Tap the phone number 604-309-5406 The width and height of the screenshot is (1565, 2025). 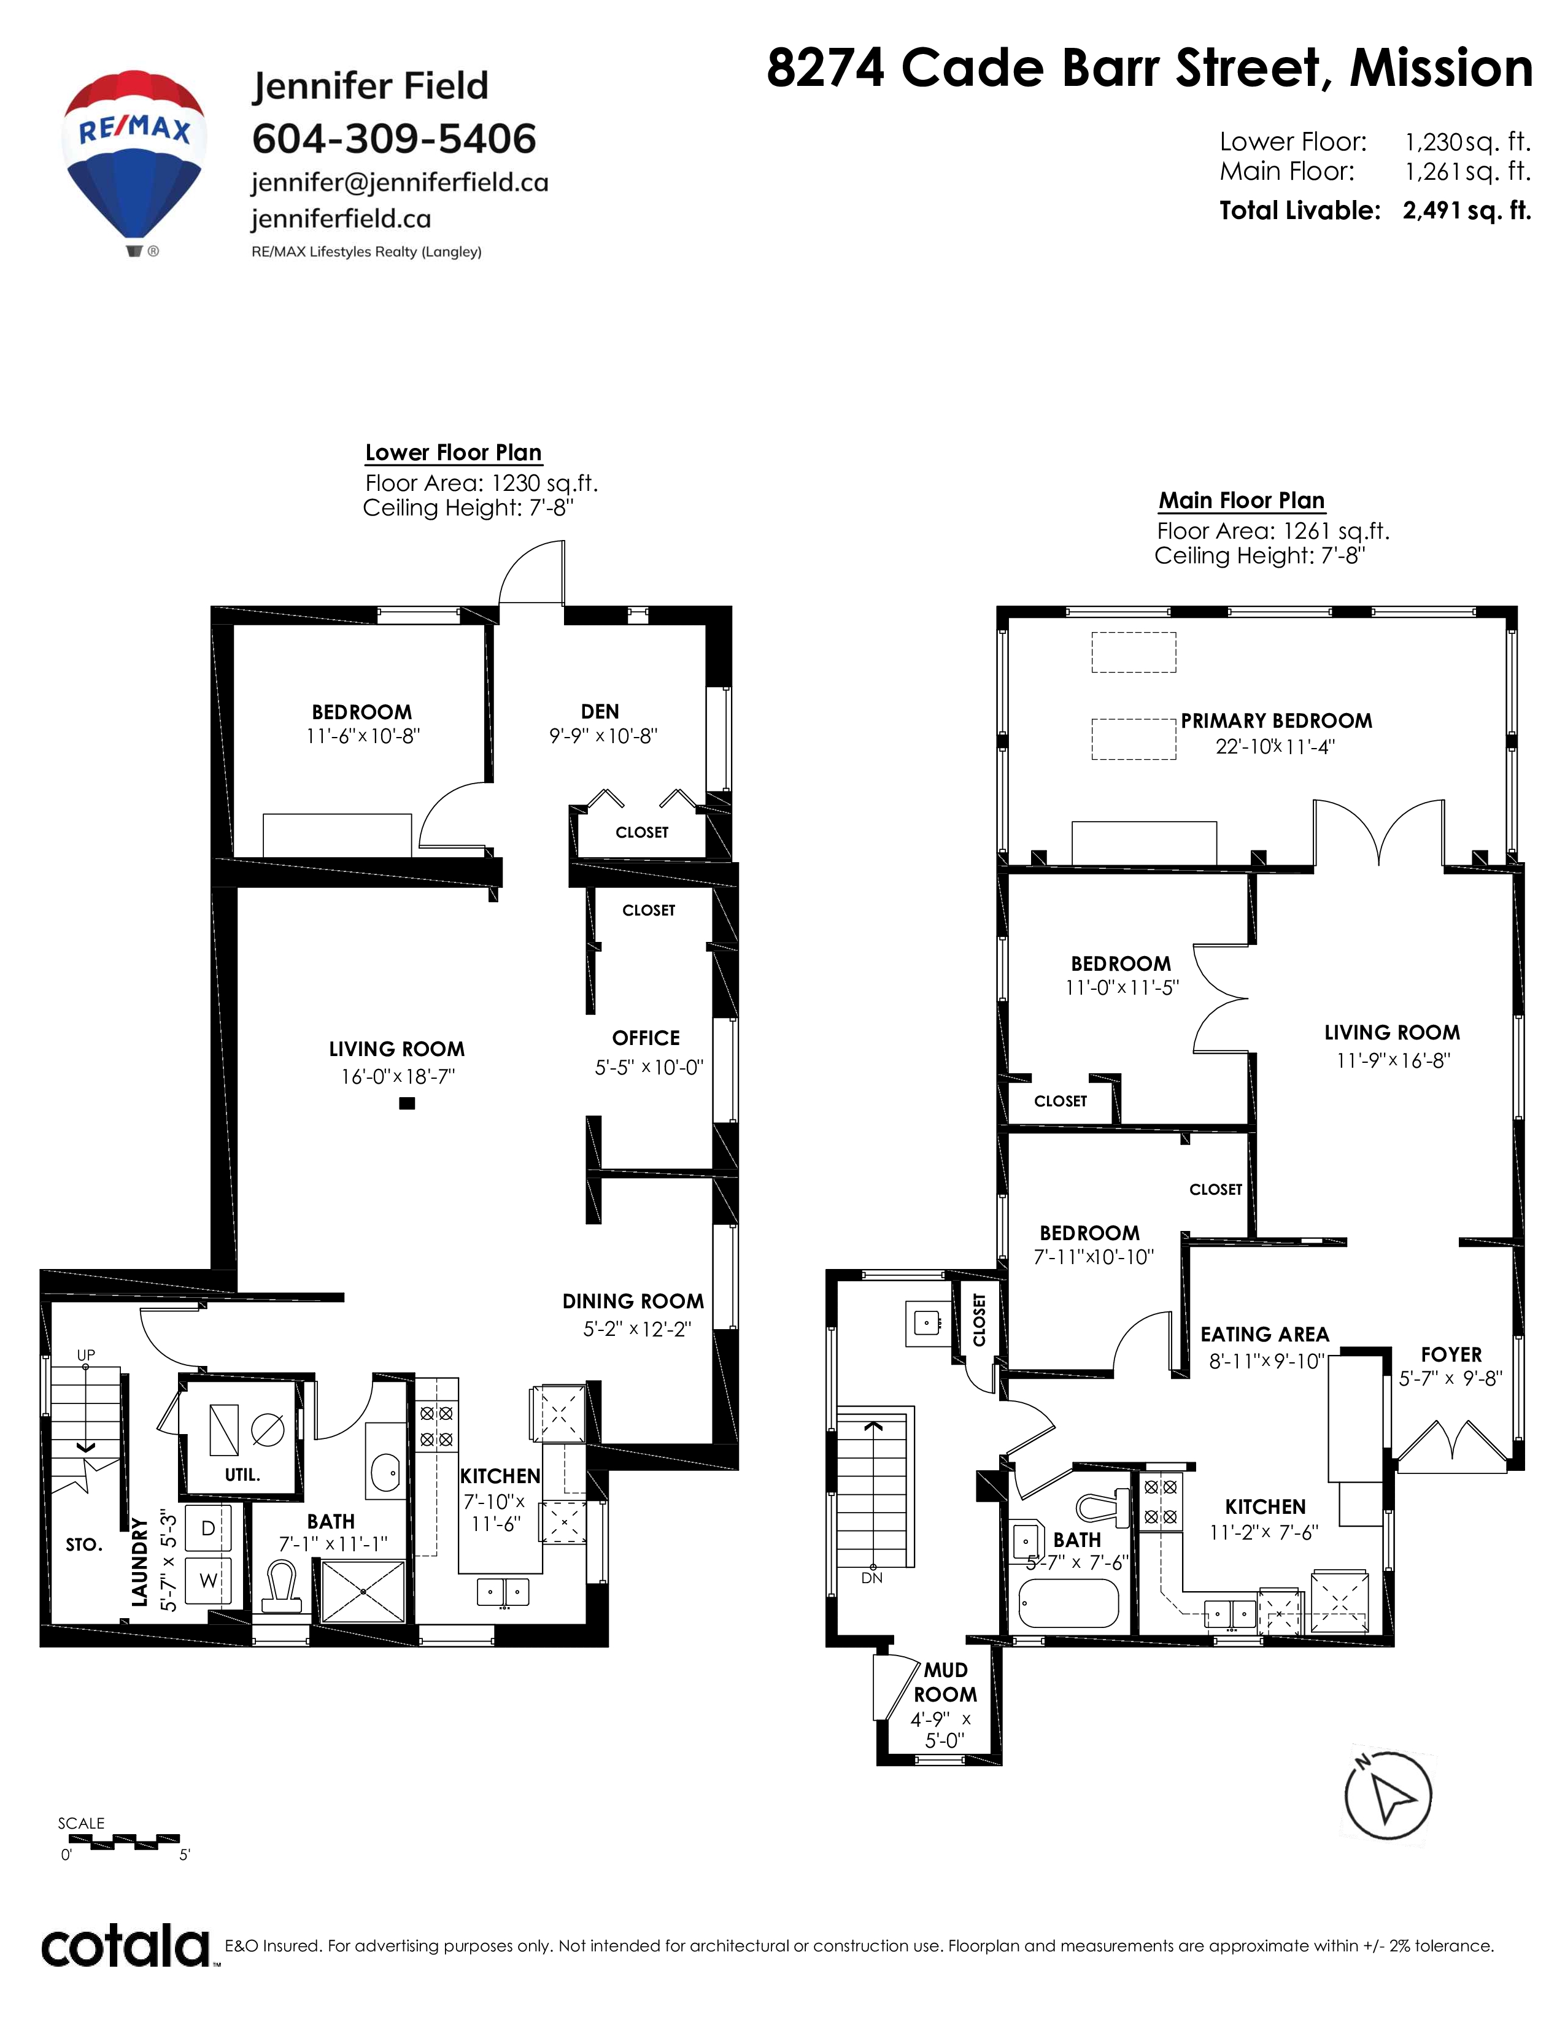394,139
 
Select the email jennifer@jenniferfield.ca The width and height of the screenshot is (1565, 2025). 400,183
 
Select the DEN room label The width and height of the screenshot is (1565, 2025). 600,711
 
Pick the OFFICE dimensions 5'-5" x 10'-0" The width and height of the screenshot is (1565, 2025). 649,1067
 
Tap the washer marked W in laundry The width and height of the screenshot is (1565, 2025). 209,1581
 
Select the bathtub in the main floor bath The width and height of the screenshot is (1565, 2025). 1069,1602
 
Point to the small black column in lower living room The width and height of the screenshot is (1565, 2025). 406,1103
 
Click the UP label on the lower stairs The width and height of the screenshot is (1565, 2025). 86,1355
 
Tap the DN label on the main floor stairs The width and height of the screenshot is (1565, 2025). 871,1577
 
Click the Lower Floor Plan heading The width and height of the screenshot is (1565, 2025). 454,452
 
